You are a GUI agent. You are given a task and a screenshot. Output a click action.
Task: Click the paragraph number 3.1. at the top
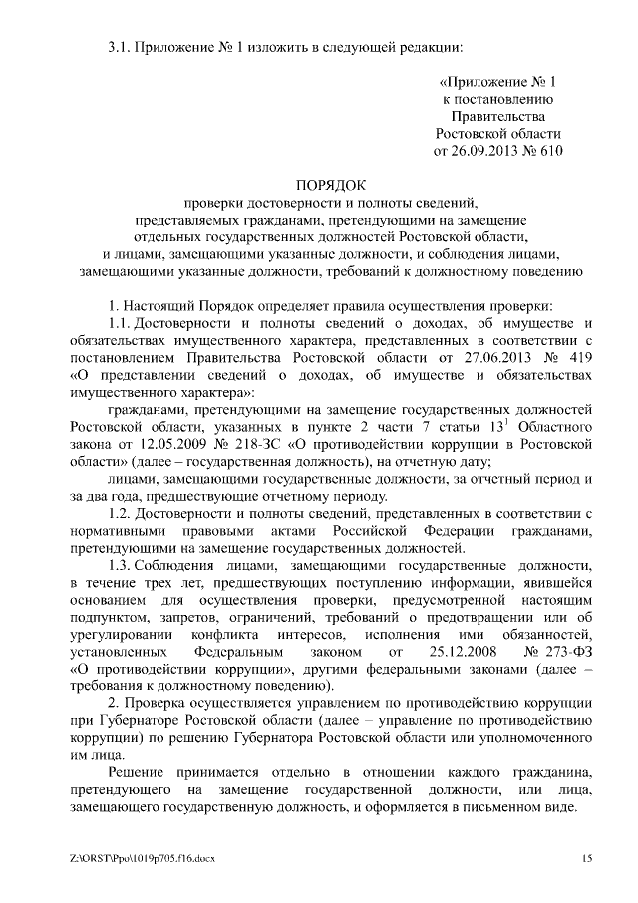tap(121, 45)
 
